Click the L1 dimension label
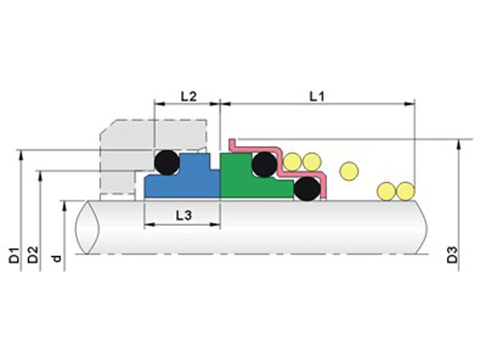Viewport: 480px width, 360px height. click(x=317, y=97)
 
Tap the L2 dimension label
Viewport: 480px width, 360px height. click(x=188, y=97)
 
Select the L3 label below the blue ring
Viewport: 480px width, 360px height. click(x=184, y=216)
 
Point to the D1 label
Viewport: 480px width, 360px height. click(x=14, y=255)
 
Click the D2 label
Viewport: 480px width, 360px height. click(x=33, y=255)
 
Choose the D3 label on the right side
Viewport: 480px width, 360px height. click(x=452, y=255)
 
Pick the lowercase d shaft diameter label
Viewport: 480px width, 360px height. click(x=56, y=259)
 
